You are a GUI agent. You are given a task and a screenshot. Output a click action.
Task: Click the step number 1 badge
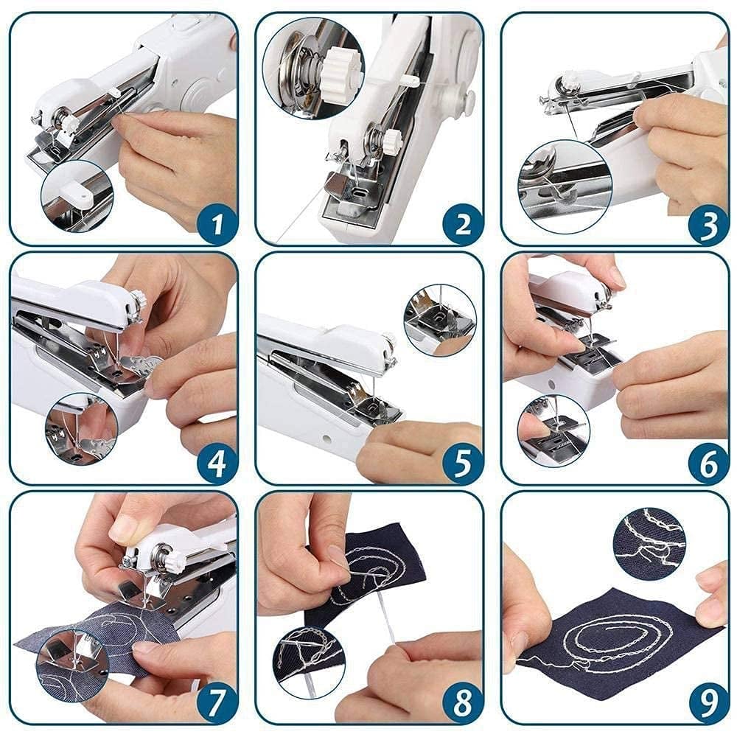(x=216, y=225)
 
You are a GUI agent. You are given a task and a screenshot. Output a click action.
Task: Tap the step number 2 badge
(x=462, y=225)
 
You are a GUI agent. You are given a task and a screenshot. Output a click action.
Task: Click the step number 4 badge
(x=216, y=464)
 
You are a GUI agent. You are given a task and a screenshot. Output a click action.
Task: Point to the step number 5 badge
(x=462, y=464)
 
